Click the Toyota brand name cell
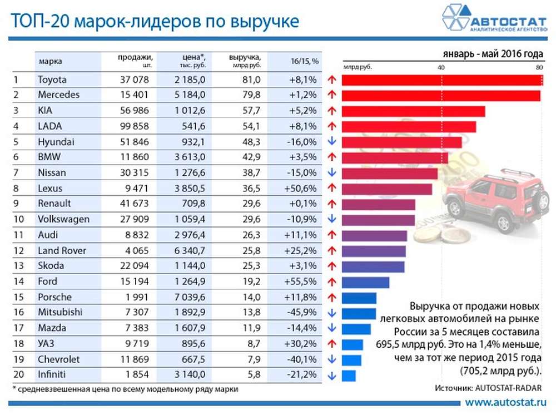coord(52,80)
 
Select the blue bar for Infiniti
coord(349,376)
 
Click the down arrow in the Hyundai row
coord(332,142)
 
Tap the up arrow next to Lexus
coord(332,189)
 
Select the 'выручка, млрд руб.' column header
coord(245,60)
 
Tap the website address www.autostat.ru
coord(505,402)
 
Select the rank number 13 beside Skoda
coord(18,266)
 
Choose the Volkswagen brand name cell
coord(63,219)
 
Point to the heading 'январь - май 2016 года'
coord(493,54)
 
